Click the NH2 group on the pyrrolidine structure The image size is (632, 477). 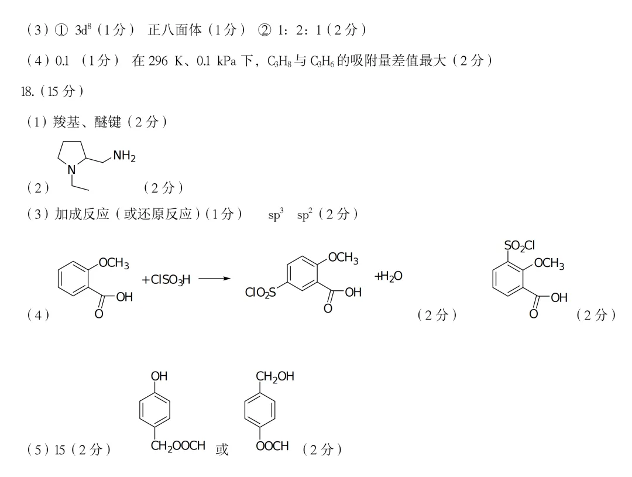(x=124, y=156)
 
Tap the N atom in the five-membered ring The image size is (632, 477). (x=71, y=169)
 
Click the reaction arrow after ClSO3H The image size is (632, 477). (x=215, y=279)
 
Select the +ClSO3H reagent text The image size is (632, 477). (x=166, y=280)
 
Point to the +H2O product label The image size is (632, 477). (x=388, y=276)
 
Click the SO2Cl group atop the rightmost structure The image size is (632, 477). (x=519, y=246)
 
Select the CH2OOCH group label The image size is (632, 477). (x=178, y=446)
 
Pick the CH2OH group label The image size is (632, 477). (x=274, y=376)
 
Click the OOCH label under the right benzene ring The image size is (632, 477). (x=273, y=446)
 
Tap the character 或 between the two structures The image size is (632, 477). (x=222, y=449)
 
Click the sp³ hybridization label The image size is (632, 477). (x=276, y=215)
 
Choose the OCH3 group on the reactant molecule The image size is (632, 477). (x=114, y=263)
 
